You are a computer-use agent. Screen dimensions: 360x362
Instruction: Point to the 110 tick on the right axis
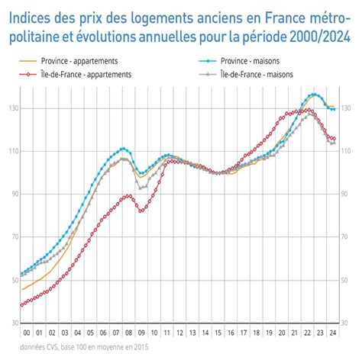[351, 152]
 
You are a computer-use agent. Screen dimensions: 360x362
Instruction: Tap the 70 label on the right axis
[349, 238]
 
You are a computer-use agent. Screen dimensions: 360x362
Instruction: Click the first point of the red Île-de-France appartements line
[22, 305]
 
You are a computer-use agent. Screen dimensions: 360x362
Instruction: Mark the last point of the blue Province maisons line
[335, 110]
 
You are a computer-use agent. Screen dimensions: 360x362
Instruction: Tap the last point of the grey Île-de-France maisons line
[335, 143]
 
